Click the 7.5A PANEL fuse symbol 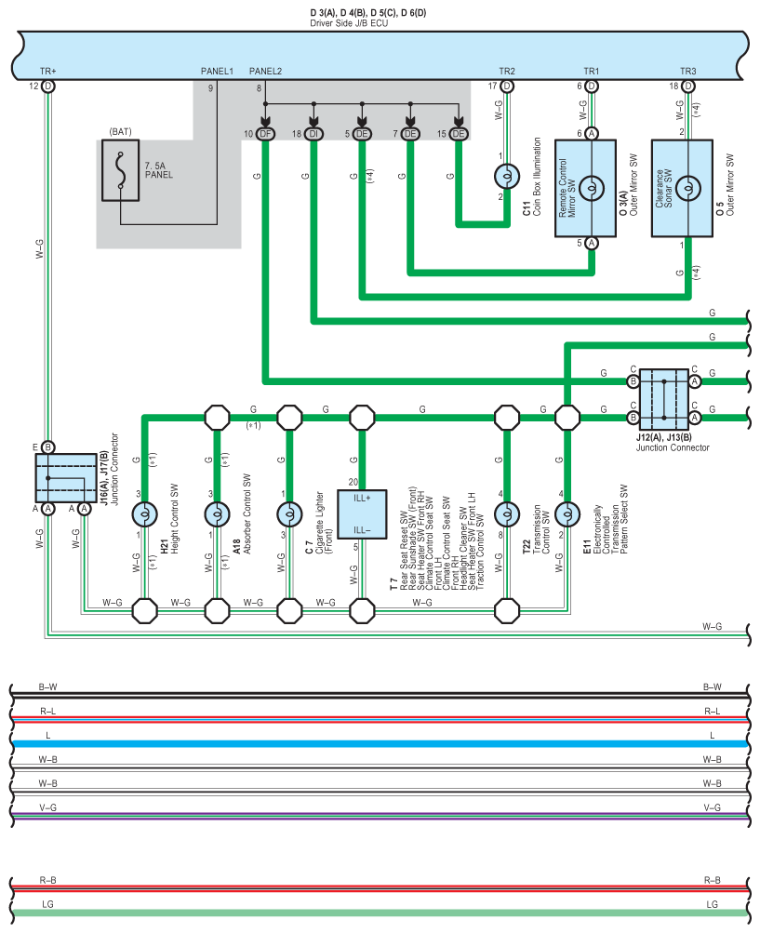(120, 170)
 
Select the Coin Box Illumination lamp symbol (507, 176)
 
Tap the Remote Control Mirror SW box (585, 188)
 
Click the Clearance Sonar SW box (682, 188)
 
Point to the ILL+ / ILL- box (362, 514)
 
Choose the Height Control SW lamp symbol (144, 514)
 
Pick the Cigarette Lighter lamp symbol (290, 514)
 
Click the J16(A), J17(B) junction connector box (66, 478)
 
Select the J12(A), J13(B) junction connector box (663, 399)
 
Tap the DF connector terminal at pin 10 (265, 134)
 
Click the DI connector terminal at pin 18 (313, 134)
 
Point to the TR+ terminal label (48, 72)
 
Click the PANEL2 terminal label (265, 72)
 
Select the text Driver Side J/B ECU (349, 23)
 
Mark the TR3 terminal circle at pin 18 (688, 87)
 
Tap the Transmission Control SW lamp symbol (507, 514)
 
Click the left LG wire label (47, 904)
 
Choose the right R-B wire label (713, 880)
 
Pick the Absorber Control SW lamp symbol (218, 514)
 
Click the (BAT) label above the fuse (120, 131)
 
